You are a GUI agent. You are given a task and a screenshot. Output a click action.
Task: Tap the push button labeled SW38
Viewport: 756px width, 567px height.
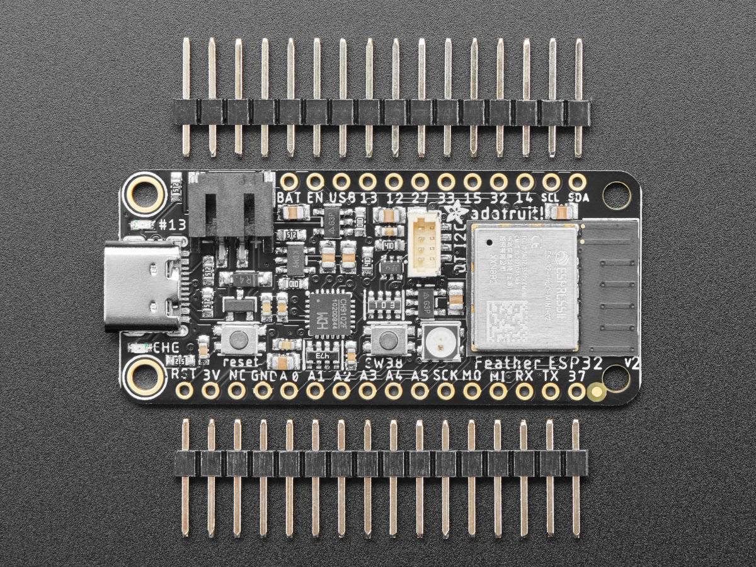point(387,340)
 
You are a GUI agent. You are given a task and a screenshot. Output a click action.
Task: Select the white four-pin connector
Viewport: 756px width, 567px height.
point(423,242)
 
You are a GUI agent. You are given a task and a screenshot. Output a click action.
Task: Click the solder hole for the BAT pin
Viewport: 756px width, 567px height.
point(289,182)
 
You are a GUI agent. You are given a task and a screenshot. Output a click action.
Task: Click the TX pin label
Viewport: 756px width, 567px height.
point(550,375)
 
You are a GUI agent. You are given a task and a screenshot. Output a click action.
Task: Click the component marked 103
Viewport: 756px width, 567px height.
point(386,304)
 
